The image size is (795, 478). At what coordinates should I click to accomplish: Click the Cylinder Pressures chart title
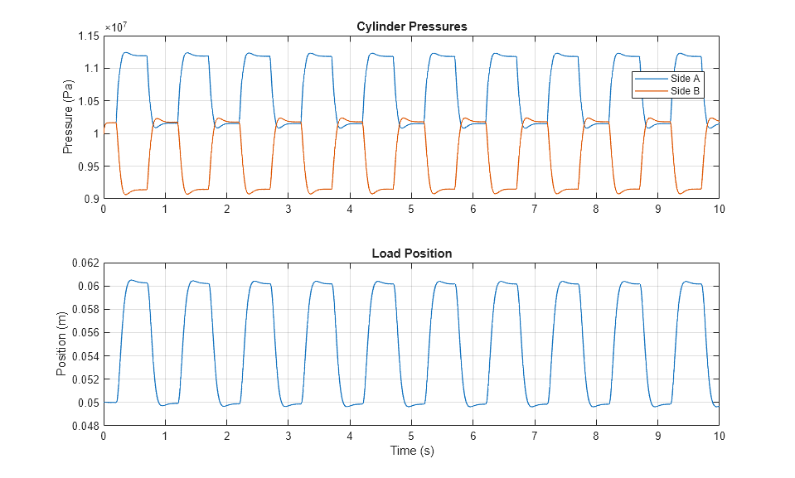coord(411,27)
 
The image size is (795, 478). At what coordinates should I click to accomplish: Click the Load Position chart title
coord(411,253)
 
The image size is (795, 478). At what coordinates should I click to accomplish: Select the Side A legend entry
coord(685,78)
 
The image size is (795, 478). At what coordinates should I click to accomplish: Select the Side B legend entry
coord(685,91)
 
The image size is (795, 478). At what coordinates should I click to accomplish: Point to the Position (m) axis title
coord(61,345)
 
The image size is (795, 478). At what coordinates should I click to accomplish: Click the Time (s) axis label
coord(411,451)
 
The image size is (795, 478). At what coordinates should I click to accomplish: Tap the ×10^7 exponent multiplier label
coord(115,27)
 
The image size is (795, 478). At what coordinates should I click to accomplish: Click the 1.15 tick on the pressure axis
coord(88,36)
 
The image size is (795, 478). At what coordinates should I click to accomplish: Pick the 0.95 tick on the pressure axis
coord(88,167)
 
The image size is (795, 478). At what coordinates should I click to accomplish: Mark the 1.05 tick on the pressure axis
coord(88,101)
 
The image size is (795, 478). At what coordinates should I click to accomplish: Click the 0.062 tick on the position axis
coord(85,263)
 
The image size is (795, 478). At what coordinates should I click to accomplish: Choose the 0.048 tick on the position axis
coord(85,426)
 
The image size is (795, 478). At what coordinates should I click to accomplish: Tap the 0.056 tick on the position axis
coord(85,332)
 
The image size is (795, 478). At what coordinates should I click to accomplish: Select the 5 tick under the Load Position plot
coord(411,437)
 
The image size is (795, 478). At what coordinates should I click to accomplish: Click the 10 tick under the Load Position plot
coord(718,437)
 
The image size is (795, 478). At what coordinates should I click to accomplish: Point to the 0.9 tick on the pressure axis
coord(91,199)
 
